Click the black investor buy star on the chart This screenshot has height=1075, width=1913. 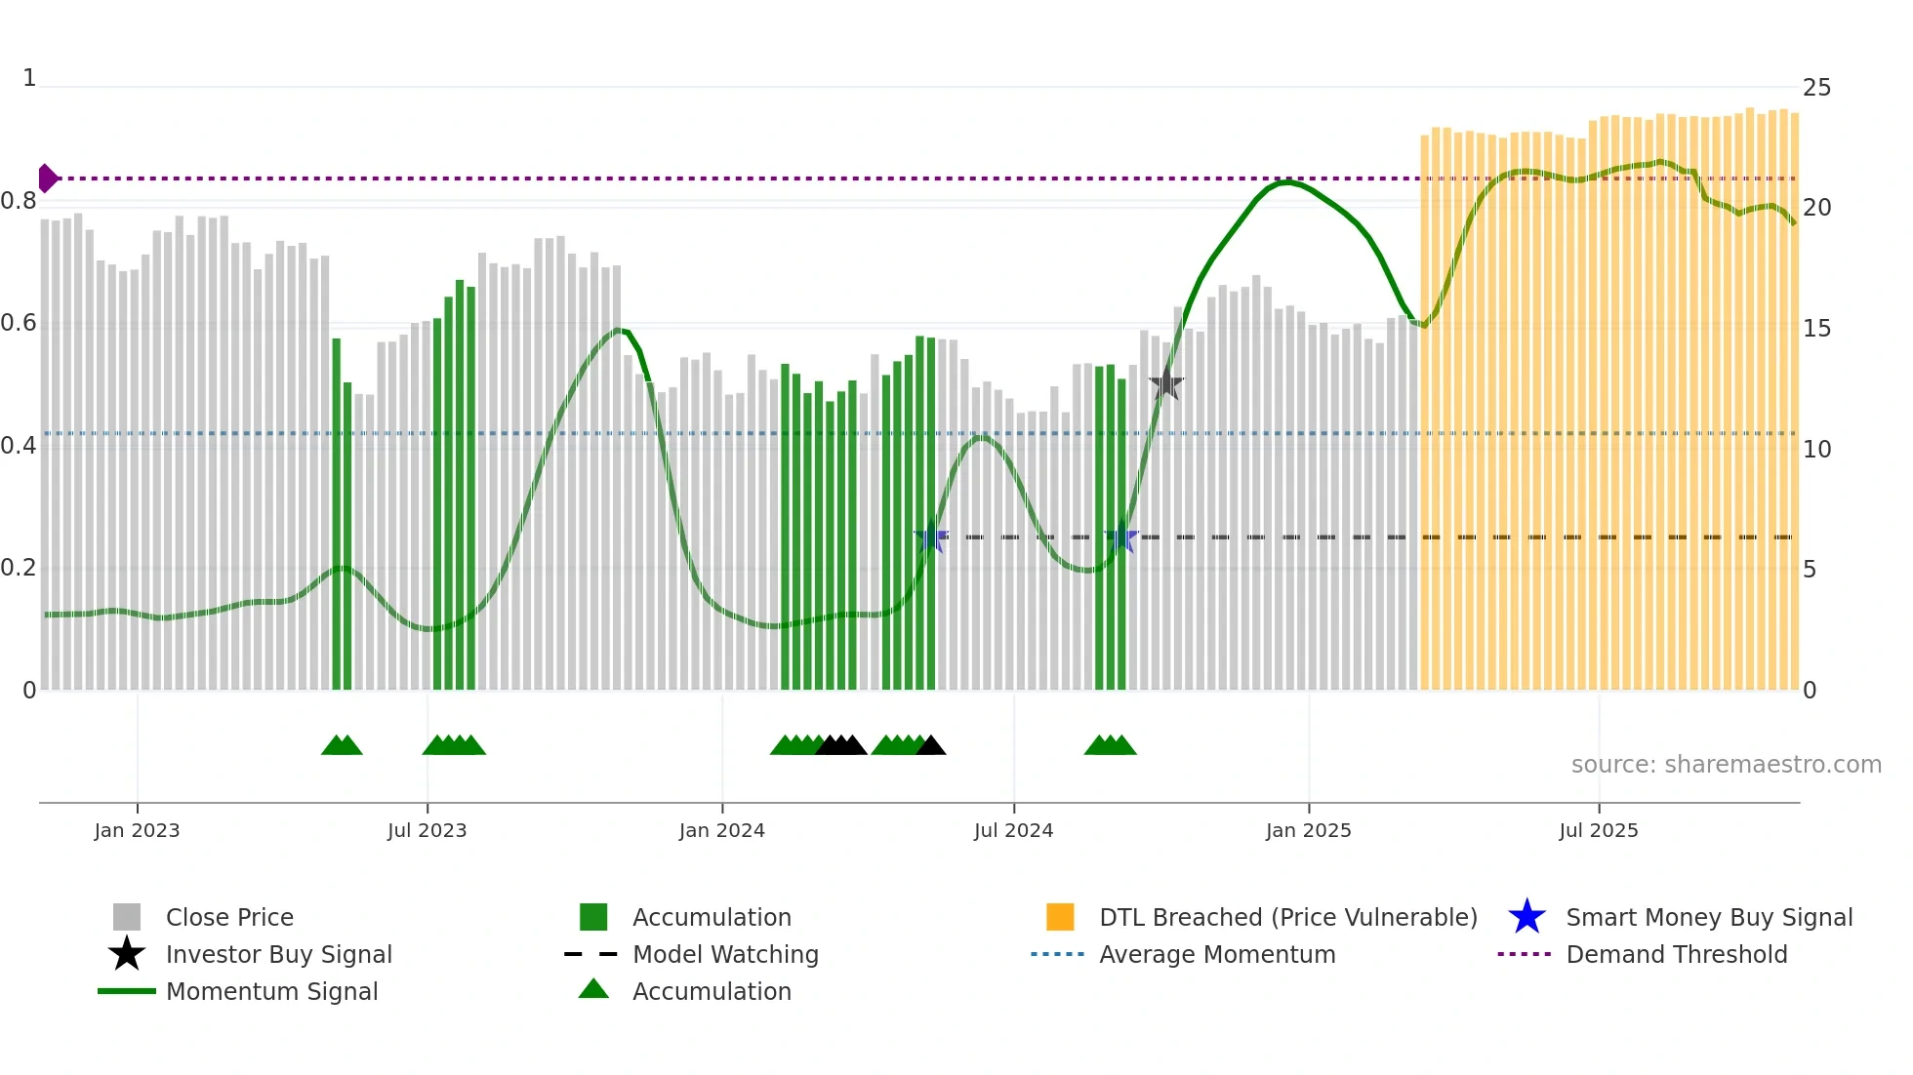click(x=1165, y=383)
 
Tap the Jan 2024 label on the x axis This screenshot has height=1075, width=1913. click(x=721, y=830)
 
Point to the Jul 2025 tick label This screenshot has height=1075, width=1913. click(x=1598, y=830)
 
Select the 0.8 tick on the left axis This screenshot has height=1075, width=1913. click(x=19, y=201)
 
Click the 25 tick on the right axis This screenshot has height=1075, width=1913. click(x=1816, y=88)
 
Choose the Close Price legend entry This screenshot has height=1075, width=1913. click(x=228, y=917)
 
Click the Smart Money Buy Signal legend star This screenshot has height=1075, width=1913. click(x=1526, y=917)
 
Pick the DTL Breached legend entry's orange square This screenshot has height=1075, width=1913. click(x=1060, y=917)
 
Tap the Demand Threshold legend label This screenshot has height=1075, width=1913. click(x=1676, y=954)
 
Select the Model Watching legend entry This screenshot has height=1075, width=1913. click(x=724, y=954)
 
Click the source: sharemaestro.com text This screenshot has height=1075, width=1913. click(x=1726, y=764)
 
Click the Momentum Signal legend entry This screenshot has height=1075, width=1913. click(x=271, y=991)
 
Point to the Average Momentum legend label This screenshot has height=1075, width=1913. click(x=1216, y=954)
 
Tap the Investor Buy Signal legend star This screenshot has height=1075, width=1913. click(x=127, y=954)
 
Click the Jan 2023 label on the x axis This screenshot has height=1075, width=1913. click(x=137, y=830)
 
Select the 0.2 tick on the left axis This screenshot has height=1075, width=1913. click(x=19, y=568)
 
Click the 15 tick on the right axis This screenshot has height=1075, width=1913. click(x=1816, y=329)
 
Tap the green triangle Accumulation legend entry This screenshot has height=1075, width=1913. click(x=593, y=990)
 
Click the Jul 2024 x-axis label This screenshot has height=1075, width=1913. click(x=1013, y=830)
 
